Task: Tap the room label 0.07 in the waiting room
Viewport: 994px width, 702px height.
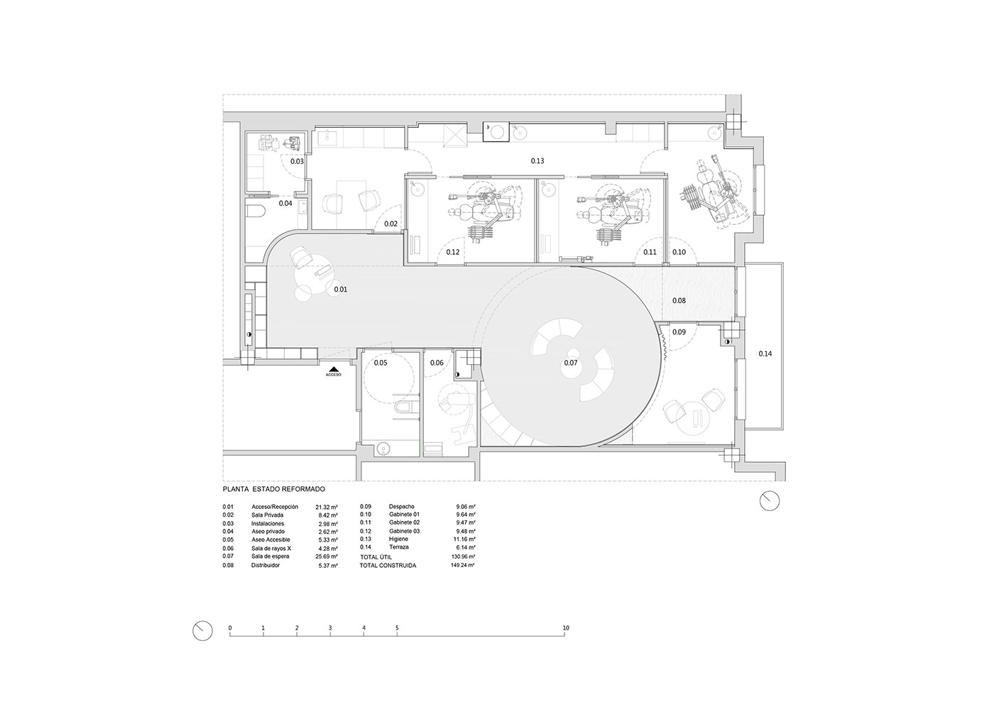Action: pyautogui.click(x=571, y=363)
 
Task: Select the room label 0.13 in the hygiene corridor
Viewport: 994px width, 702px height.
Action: pyautogui.click(x=537, y=160)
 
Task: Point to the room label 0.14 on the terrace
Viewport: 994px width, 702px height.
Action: pyautogui.click(x=765, y=353)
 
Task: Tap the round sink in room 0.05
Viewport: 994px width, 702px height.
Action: pyautogui.click(x=383, y=449)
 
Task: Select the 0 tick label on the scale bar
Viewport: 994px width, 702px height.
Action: pyautogui.click(x=230, y=628)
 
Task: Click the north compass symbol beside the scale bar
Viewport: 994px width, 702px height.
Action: pyautogui.click(x=202, y=630)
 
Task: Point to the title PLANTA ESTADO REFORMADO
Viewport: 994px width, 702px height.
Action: pyautogui.click(x=274, y=489)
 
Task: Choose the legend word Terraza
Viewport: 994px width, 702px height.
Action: pyautogui.click(x=398, y=547)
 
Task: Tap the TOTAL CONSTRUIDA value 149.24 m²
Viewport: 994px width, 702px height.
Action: pyautogui.click(x=463, y=565)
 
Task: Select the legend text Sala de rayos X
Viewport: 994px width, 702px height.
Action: pyautogui.click(x=271, y=549)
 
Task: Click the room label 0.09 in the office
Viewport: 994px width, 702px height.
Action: pyautogui.click(x=679, y=332)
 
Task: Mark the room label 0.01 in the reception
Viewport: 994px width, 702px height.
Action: pyautogui.click(x=341, y=290)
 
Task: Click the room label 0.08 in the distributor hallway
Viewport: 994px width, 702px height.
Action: pyautogui.click(x=679, y=300)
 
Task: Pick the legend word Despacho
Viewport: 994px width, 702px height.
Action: pyautogui.click(x=402, y=506)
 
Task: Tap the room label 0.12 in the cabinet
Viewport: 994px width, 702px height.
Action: pyautogui.click(x=453, y=252)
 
